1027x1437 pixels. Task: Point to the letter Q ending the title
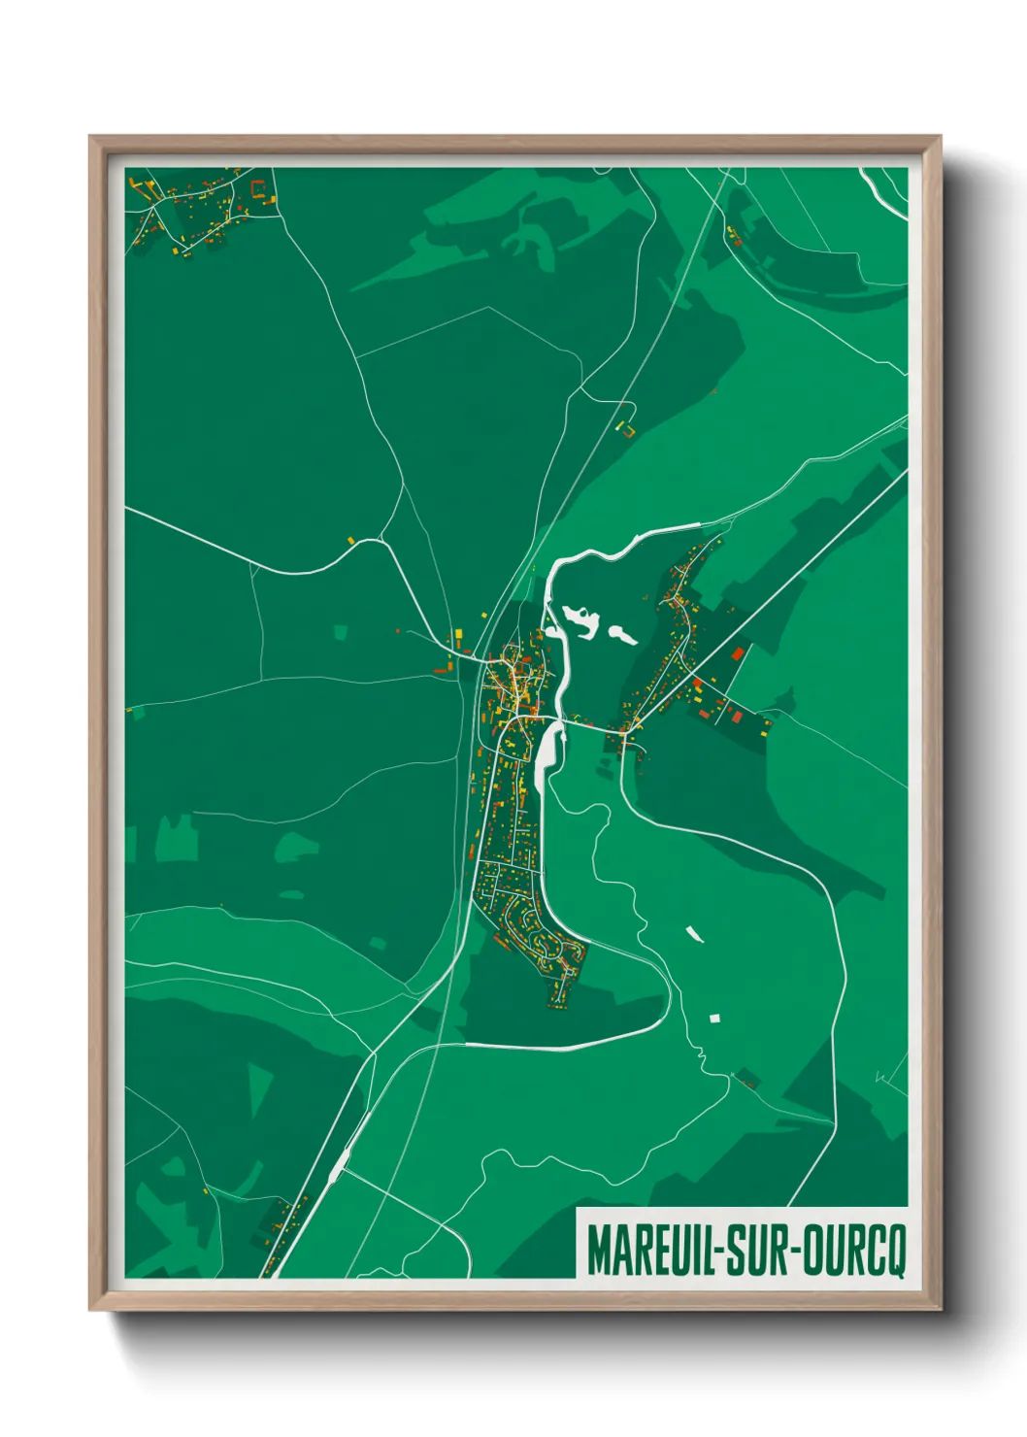(x=893, y=1253)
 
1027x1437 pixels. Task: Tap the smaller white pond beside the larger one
(x=621, y=635)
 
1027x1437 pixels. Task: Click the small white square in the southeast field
(x=715, y=1018)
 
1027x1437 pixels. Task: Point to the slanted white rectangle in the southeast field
(x=694, y=933)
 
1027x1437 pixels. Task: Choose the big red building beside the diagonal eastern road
(x=737, y=653)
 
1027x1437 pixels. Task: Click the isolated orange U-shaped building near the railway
(x=627, y=427)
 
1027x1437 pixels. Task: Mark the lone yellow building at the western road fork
(x=351, y=539)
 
